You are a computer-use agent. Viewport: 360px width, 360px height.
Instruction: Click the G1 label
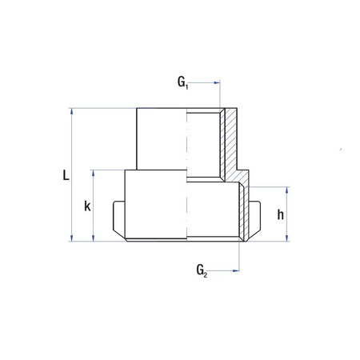click(183, 82)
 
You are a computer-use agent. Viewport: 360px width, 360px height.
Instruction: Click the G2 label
click(202, 270)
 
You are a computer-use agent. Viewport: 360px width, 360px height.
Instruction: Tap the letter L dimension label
click(66, 175)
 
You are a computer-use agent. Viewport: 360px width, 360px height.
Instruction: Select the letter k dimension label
click(87, 206)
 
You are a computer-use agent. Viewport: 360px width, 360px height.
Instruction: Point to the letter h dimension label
click(281, 214)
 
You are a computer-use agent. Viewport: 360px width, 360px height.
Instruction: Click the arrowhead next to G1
click(217, 82)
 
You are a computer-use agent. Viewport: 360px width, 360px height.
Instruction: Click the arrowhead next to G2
click(236, 270)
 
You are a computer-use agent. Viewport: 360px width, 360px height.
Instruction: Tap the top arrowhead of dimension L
click(71, 111)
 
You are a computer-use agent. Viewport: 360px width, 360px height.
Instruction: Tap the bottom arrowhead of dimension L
click(71, 238)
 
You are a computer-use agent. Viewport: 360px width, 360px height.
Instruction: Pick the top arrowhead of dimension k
click(93, 174)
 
